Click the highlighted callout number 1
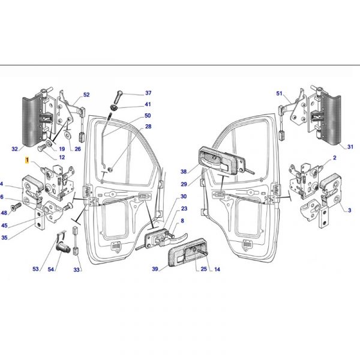click(x=27, y=160)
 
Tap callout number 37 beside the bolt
click(x=148, y=93)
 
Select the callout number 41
click(x=148, y=104)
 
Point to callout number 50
click(x=148, y=115)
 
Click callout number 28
click(x=148, y=127)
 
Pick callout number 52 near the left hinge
click(x=86, y=95)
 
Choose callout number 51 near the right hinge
click(x=279, y=94)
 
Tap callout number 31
click(x=350, y=147)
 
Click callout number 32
click(x=14, y=149)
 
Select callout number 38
click(x=184, y=172)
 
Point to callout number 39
click(x=155, y=269)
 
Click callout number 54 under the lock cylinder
click(x=51, y=269)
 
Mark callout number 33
click(x=76, y=270)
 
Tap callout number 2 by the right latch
click(x=335, y=158)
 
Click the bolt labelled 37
click(x=118, y=97)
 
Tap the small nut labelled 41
click(x=113, y=107)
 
